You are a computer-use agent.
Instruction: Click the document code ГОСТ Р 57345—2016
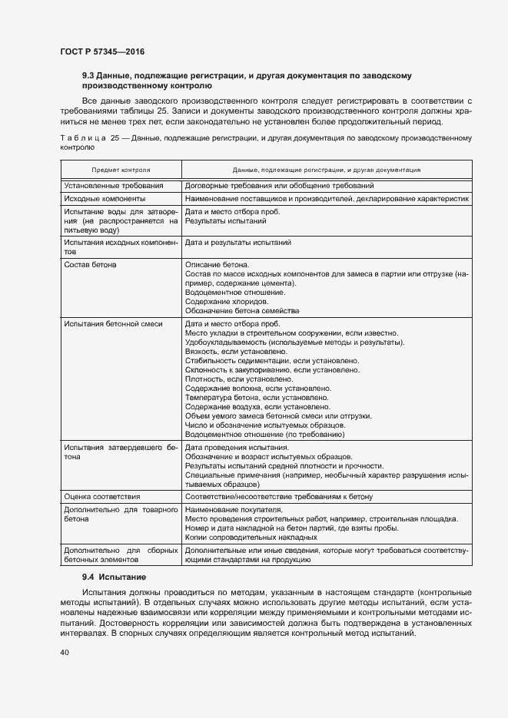click(102, 51)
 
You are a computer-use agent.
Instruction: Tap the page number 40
click(64, 652)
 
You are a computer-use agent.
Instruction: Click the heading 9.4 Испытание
click(115, 576)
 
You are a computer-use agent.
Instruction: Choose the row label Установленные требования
click(114, 186)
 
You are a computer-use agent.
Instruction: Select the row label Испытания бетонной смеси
click(113, 324)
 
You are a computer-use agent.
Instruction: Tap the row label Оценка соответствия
click(102, 497)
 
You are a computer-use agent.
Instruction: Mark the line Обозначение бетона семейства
click(242, 311)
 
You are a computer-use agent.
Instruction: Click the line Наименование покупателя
click(234, 510)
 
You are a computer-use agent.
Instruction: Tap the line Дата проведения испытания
click(237, 448)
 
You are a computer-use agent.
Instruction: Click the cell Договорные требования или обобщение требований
click(280, 186)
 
